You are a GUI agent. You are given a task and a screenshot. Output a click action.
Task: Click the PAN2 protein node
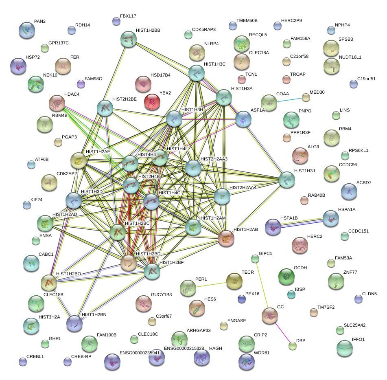pyautogui.click(x=27, y=30)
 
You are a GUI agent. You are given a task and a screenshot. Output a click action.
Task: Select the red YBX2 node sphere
pyautogui.click(x=152, y=102)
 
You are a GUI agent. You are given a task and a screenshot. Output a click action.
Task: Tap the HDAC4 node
pyautogui.click(x=57, y=103)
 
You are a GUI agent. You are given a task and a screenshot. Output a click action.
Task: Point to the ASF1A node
pyautogui.click(x=243, y=119)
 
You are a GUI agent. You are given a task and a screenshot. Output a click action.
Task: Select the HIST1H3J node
pyautogui.click(x=287, y=179)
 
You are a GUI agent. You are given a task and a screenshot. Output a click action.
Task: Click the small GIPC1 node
pyautogui.click(x=255, y=259)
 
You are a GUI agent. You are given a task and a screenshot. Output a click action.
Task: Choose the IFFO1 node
pyautogui.click(x=345, y=347)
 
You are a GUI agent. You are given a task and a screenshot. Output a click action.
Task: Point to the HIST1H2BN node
pyautogui.click(x=74, y=323)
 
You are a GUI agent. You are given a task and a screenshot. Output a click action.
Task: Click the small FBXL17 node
pyautogui.click(x=116, y=21)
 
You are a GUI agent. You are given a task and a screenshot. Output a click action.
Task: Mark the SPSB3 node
pyautogui.click(x=331, y=48)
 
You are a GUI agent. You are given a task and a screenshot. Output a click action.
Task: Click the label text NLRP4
pyautogui.click(x=211, y=44)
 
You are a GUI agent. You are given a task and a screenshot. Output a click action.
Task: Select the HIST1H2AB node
pyautogui.click(x=226, y=238)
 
